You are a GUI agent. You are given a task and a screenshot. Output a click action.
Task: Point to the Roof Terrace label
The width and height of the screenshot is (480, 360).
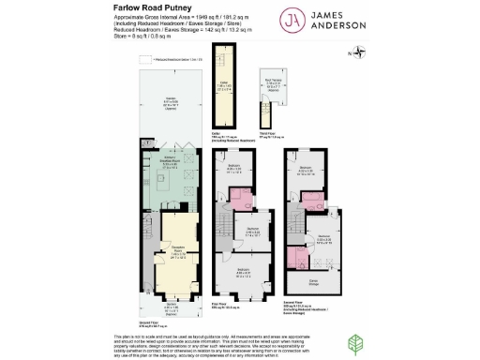click(x=273, y=82)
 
